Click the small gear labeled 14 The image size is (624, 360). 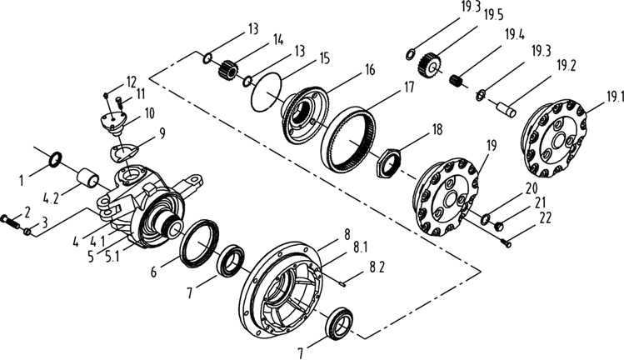tap(227, 69)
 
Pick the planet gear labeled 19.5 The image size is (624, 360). tap(428, 65)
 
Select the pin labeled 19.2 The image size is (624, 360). tap(506, 110)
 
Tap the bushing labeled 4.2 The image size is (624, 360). tap(87, 177)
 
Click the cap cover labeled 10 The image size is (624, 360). tap(112, 122)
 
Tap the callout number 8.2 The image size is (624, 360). tap(377, 267)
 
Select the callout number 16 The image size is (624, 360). tap(370, 70)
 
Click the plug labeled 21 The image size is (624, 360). tap(497, 227)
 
